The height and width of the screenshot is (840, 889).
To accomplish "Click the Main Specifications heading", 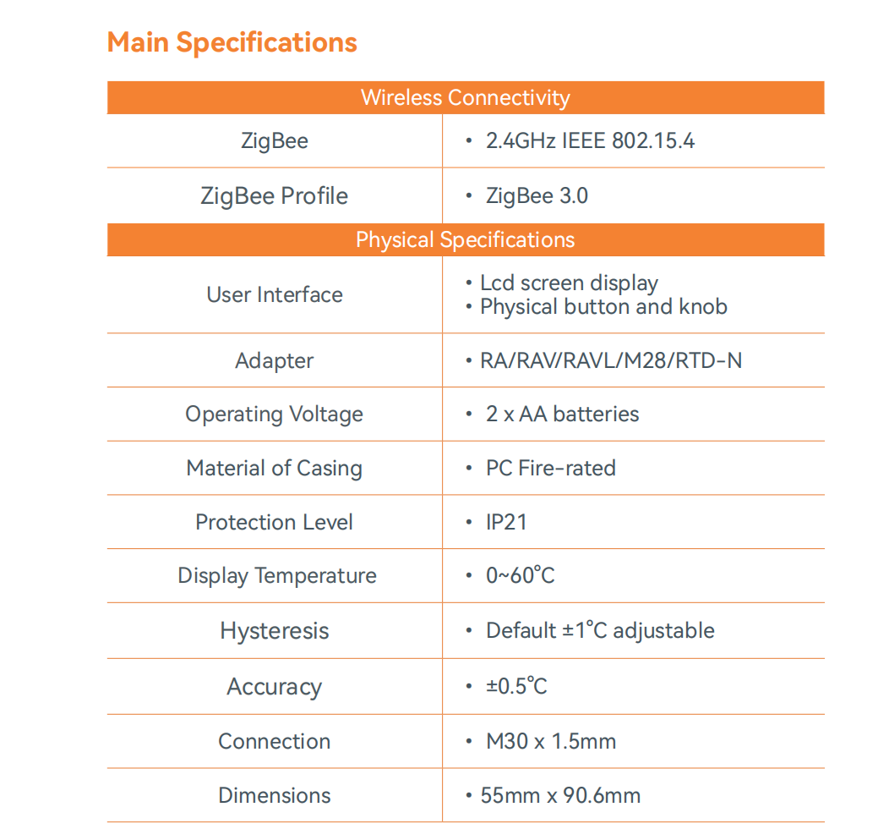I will click(x=232, y=42).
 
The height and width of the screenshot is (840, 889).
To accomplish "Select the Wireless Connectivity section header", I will click(x=465, y=97).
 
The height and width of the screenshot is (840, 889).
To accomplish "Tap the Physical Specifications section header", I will click(x=465, y=239).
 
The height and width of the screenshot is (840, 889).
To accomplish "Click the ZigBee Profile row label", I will click(x=274, y=196).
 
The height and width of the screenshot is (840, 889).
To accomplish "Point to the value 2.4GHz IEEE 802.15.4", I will click(x=590, y=140).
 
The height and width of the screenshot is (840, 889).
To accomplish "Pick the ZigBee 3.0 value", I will click(x=537, y=196).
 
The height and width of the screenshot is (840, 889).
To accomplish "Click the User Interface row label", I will click(x=275, y=294).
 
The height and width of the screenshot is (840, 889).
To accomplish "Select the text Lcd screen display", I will click(x=569, y=283).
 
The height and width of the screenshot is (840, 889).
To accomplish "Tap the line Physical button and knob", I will click(x=603, y=306).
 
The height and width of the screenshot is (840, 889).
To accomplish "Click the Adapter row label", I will click(x=275, y=360).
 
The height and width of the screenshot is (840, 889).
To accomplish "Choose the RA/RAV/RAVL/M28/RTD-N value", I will click(x=610, y=360).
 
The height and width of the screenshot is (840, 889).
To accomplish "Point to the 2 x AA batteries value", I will click(x=562, y=414).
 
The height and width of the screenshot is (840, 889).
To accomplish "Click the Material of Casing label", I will click(x=274, y=468).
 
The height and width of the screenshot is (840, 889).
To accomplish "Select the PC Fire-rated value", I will click(x=550, y=468).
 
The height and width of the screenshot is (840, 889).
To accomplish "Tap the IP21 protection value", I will click(x=506, y=522).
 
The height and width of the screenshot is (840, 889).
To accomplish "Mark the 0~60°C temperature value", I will click(x=520, y=576).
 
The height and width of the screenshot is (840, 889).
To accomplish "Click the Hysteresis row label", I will click(x=275, y=631).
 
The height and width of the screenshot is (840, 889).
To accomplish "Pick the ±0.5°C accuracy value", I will click(x=516, y=685).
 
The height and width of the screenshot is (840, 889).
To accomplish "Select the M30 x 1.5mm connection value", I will click(x=550, y=742).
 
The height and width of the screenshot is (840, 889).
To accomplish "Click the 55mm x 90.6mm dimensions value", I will click(x=560, y=795).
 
